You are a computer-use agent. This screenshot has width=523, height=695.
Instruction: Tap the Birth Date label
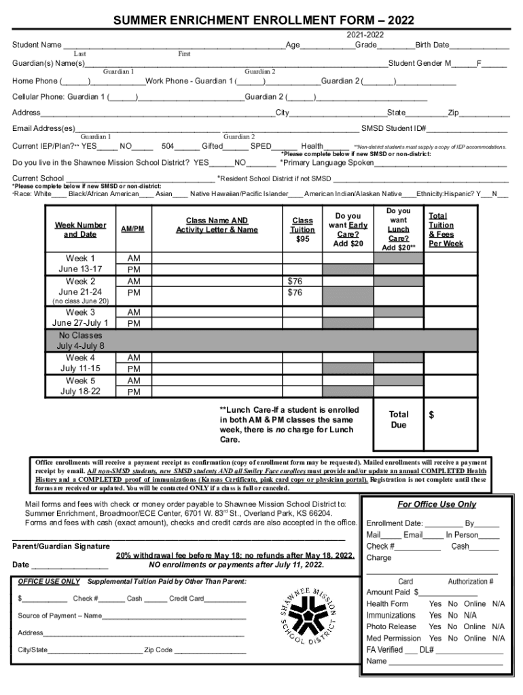click(432, 45)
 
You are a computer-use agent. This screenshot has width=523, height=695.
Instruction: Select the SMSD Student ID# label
click(393, 129)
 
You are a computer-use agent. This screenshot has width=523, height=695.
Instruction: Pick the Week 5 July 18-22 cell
click(80, 386)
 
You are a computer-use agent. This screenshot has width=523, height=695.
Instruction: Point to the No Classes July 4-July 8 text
click(80, 341)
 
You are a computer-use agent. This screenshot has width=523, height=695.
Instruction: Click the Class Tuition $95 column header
click(302, 229)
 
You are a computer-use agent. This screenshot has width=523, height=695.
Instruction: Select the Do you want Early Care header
click(348, 229)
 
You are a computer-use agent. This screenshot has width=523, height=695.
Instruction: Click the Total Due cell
click(398, 419)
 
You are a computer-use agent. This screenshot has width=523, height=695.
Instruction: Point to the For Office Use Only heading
click(437, 504)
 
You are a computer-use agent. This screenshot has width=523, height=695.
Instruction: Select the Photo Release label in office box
click(391, 626)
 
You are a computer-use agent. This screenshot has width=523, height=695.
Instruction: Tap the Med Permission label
click(393, 638)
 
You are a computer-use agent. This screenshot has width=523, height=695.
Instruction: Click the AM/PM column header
click(132, 229)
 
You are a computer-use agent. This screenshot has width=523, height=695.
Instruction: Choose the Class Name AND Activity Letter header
click(217, 225)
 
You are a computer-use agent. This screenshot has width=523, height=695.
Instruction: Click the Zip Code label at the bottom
click(158, 650)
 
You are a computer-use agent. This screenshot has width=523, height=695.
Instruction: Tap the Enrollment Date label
click(395, 523)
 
